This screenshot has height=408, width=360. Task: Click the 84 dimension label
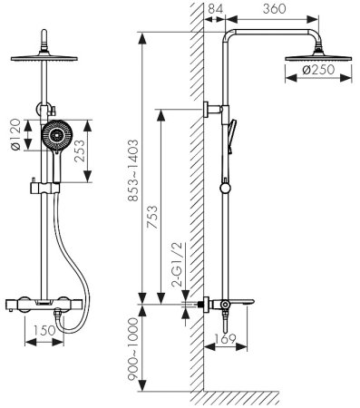point(216,9)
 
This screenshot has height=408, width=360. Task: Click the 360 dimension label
point(274,9)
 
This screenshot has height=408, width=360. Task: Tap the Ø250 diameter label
point(318,70)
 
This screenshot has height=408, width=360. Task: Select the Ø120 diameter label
point(15,135)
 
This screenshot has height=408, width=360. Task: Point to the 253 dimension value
point(80,151)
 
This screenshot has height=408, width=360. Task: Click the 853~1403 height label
point(132,170)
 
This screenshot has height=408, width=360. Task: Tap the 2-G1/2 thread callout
point(177,265)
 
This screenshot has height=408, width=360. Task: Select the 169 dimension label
point(225,339)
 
